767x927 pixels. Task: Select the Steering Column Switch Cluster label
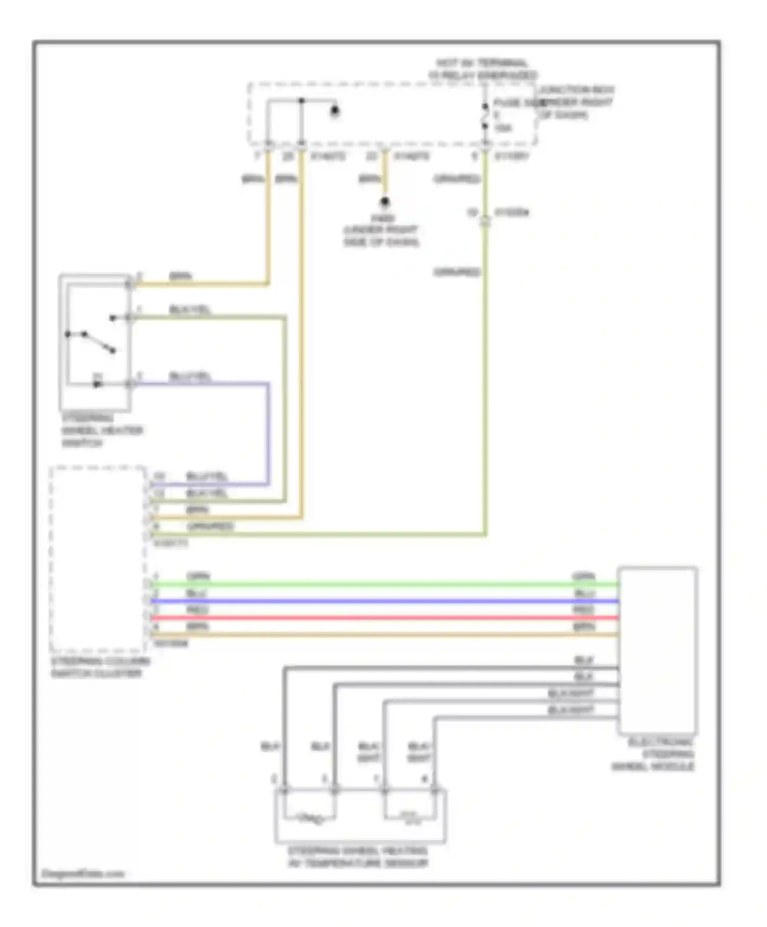[x=100, y=667]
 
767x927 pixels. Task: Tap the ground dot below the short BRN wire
[x=385, y=202]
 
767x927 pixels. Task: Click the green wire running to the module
[x=383, y=584]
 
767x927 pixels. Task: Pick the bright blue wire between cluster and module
[x=383, y=601]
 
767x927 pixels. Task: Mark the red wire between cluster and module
[x=383, y=618]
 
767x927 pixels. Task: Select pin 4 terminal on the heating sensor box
[x=434, y=791]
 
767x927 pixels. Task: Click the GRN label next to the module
[x=583, y=576]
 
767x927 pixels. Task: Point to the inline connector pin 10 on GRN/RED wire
[x=485, y=221]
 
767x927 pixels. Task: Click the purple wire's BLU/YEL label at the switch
[x=190, y=377]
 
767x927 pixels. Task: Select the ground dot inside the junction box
[x=335, y=110]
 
